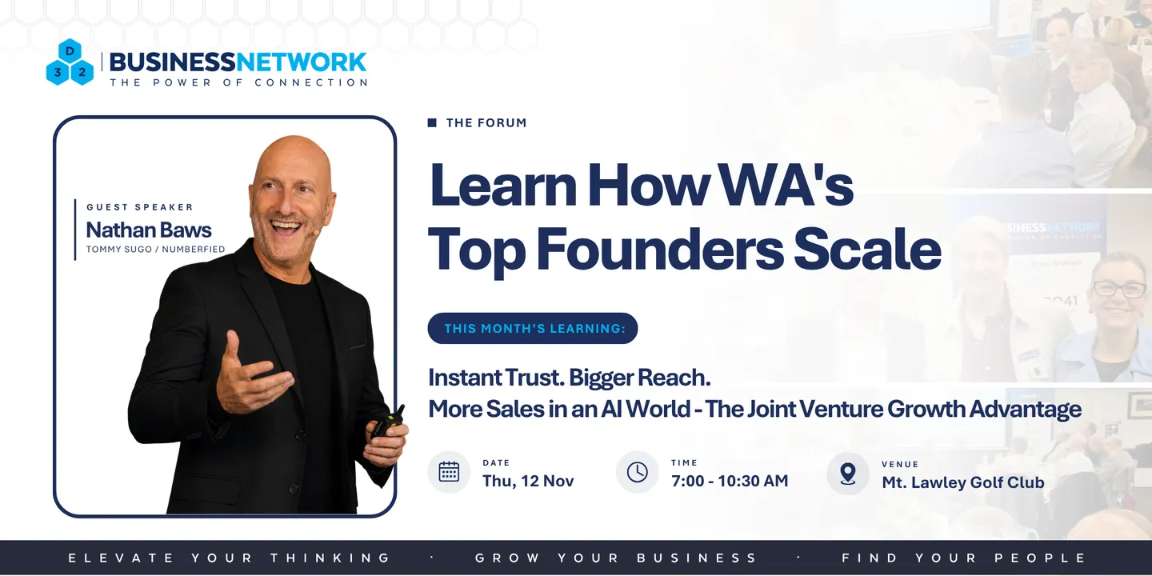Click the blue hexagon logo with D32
pyautogui.click(x=70, y=62)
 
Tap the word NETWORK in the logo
pyautogui.click(x=301, y=62)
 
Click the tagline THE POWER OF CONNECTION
pyautogui.click(x=238, y=83)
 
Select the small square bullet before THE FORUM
pyautogui.click(x=432, y=122)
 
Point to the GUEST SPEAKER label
pyautogui.click(x=140, y=207)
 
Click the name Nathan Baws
pyautogui.click(x=149, y=230)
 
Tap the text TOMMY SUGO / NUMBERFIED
pyautogui.click(x=155, y=250)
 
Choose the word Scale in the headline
pyautogui.click(x=867, y=250)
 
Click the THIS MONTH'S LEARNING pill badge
pyautogui.click(x=533, y=328)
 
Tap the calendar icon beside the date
pyautogui.click(x=449, y=472)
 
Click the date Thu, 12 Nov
pyautogui.click(x=528, y=481)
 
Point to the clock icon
pyautogui.click(x=637, y=472)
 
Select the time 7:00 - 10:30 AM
pyautogui.click(x=730, y=481)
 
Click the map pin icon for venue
pyautogui.click(x=848, y=474)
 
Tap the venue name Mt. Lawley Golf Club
pyautogui.click(x=962, y=482)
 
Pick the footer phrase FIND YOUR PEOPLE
pyautogui.click(x=963, y=558)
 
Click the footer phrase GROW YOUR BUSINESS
pyautogui.click(x=616, y=558)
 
